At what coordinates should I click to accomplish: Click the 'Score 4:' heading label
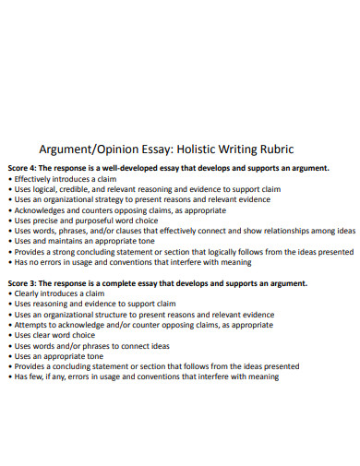click(x=25, y=168)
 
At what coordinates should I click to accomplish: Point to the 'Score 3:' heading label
click(x=25, y=283)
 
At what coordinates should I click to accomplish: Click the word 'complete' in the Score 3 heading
click(x=143, y=283)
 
